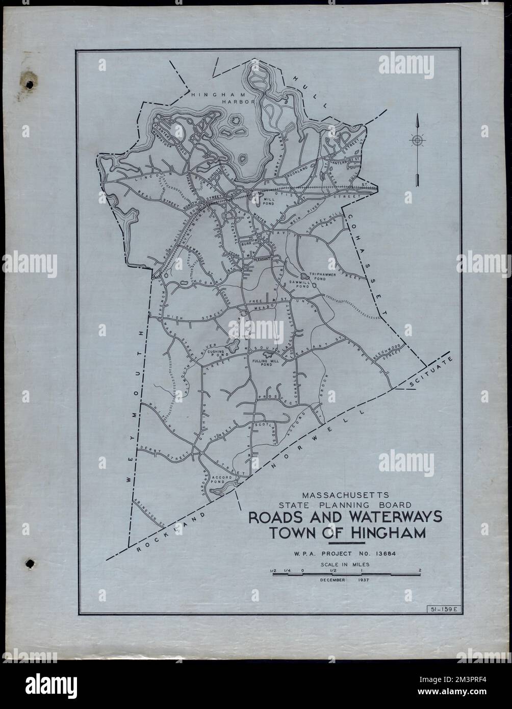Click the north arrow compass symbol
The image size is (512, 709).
[417, 140]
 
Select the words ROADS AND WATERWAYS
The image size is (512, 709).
[345, 517]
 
